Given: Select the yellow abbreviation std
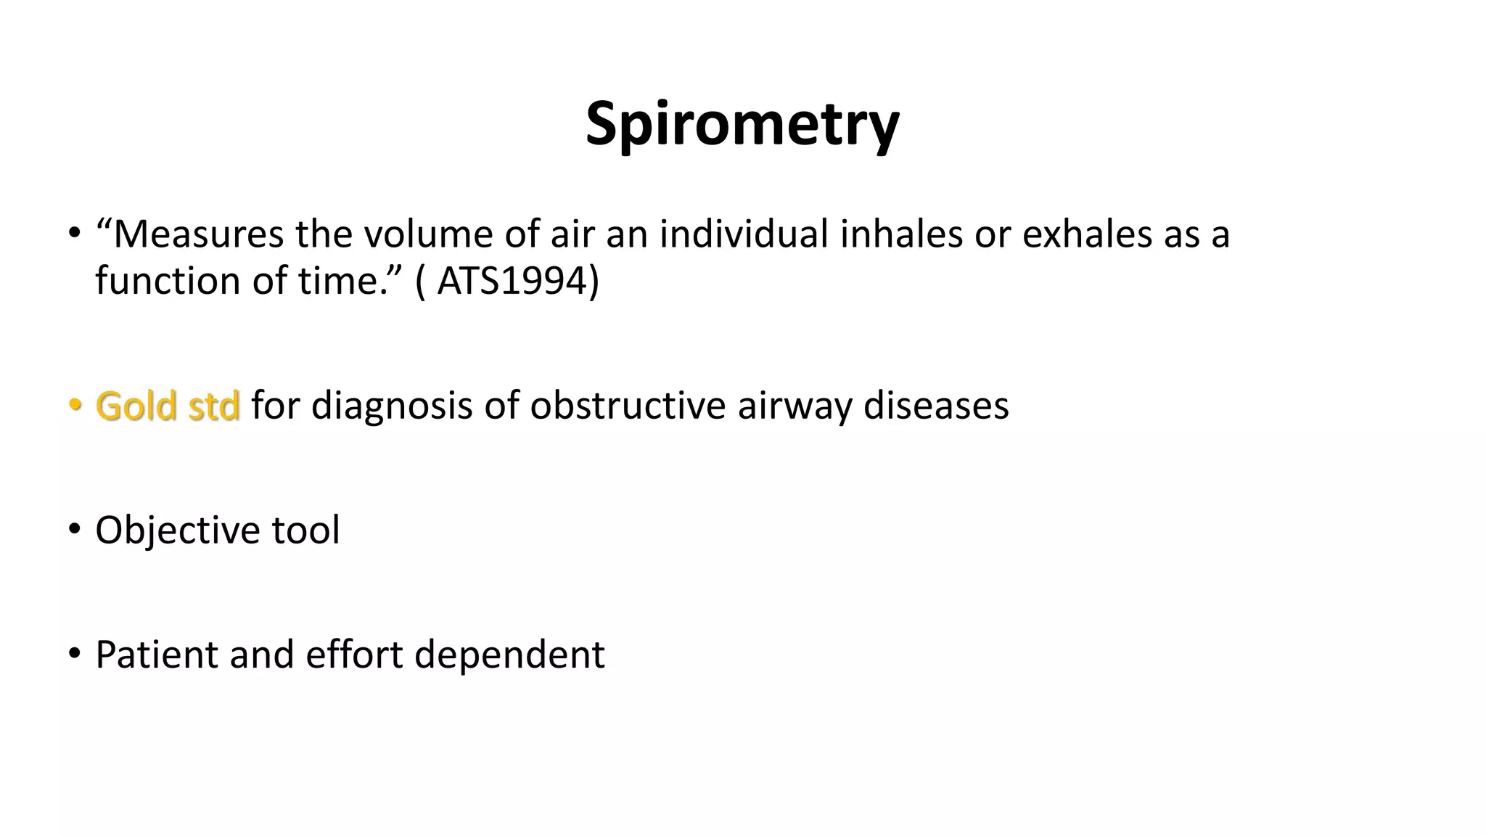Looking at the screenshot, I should coord(213,406).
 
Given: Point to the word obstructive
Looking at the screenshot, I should coord(628,406).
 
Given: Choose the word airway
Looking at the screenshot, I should coord(794,406).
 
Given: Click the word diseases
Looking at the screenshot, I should coord(936,406).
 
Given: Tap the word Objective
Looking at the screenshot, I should coord(177,530).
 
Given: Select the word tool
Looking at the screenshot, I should coord(305,530).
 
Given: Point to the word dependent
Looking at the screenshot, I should coord(509,655).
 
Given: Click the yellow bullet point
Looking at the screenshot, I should coord(74,406).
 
